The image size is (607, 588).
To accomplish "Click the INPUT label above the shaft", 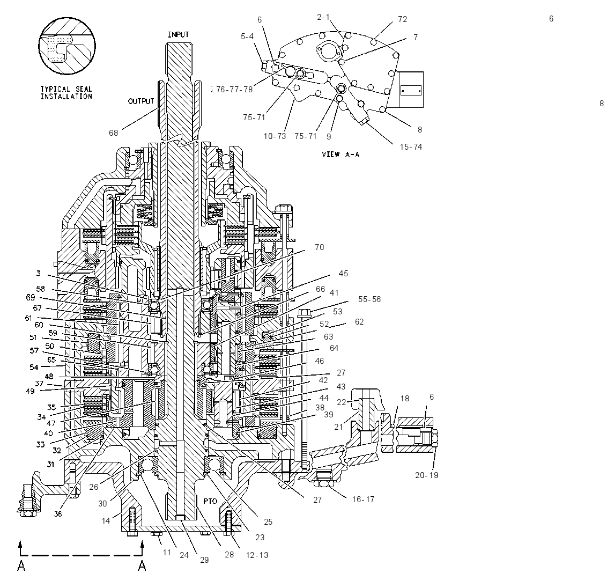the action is (178, 34).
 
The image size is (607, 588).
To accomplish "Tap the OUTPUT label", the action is (141, 101).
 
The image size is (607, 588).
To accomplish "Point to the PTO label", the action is (210, 501).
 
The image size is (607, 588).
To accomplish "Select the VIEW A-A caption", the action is (340, 154).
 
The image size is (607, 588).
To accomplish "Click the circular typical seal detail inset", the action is (67, 46).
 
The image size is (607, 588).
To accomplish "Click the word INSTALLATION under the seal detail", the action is (66, 97).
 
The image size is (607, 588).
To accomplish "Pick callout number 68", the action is (113, 133).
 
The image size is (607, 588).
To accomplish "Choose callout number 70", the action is (320, 247).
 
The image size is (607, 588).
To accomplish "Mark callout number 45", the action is (343, 274).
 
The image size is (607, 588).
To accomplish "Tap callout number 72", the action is (403, 19).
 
